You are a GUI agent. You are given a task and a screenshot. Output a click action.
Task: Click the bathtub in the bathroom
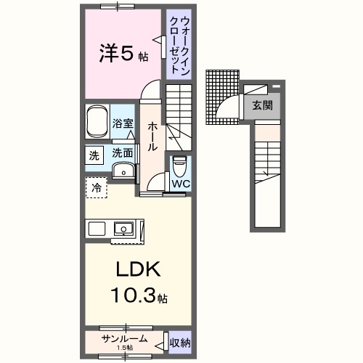click(97, 123)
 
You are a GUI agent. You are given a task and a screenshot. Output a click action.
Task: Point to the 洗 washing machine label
click(94, 154)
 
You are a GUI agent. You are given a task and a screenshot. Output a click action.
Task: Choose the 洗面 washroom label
click(123, 153)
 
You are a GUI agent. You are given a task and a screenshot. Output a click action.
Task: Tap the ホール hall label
click(153, 135)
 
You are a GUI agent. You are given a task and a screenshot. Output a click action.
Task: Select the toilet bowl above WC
click(179, 166)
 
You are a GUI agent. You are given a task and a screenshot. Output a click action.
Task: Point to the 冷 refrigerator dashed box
click(96, 187)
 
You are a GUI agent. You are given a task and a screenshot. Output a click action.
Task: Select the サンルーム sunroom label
click(125, 338)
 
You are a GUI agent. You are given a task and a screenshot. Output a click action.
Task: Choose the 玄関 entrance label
click(263, 105)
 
